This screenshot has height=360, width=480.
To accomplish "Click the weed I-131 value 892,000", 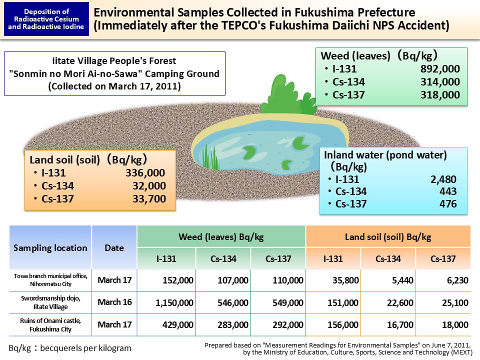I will pyautogui.click(x=440, y=69).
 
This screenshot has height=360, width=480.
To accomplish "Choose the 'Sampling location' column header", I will pyautogui.click(x=50, y=248).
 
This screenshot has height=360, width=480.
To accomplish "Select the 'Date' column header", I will pyautogui.click(x=114, y=248).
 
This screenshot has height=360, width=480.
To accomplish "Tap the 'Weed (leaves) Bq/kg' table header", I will pyautogui.click(x=221, y=236).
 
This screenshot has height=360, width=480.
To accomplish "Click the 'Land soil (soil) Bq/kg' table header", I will pyautogui.click(x=388, y=236).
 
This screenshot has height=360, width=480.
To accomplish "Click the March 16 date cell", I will pyautogui.click(x=114, y=302).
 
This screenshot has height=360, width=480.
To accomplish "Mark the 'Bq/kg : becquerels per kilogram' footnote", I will pyautogui.click(x=70, y=348).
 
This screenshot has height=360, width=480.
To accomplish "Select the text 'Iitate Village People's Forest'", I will pyautogui.click(x=114, y=61).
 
